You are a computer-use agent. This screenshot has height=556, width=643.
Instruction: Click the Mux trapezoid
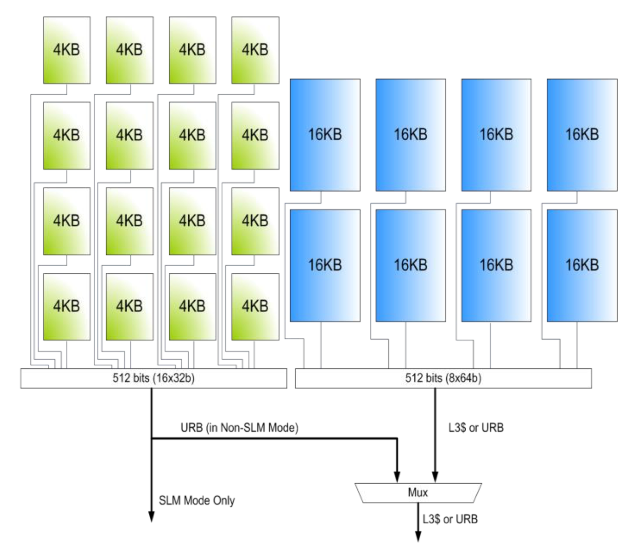418,493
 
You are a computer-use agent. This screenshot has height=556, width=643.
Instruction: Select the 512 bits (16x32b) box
153,378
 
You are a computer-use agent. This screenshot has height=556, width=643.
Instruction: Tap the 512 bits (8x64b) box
443,378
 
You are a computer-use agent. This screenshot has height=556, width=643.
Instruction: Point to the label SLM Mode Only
197,500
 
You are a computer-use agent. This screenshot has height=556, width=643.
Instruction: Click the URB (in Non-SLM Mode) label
239,428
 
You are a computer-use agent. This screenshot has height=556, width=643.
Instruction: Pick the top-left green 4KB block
67,50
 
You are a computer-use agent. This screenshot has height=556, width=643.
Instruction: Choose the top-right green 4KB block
255,50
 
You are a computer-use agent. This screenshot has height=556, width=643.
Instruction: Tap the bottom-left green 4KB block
67,307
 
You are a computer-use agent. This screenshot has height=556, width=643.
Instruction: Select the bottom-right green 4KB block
255,307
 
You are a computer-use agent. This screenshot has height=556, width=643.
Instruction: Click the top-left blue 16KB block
325,135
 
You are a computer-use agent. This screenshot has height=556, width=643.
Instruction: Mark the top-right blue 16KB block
582,135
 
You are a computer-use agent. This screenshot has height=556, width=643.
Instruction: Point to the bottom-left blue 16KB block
325,265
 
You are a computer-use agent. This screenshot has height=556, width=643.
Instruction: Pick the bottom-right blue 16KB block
582,265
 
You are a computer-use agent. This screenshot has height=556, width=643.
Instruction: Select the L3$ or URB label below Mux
450,519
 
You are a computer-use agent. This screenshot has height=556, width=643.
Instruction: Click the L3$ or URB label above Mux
476,428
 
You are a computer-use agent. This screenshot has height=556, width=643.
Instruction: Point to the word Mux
418,493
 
